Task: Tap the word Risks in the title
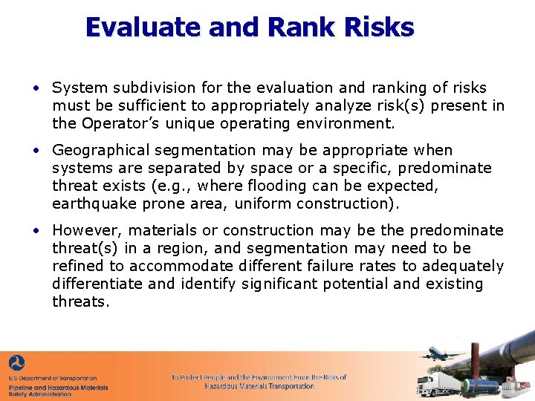[379, 27]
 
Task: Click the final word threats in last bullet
[80, 301]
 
